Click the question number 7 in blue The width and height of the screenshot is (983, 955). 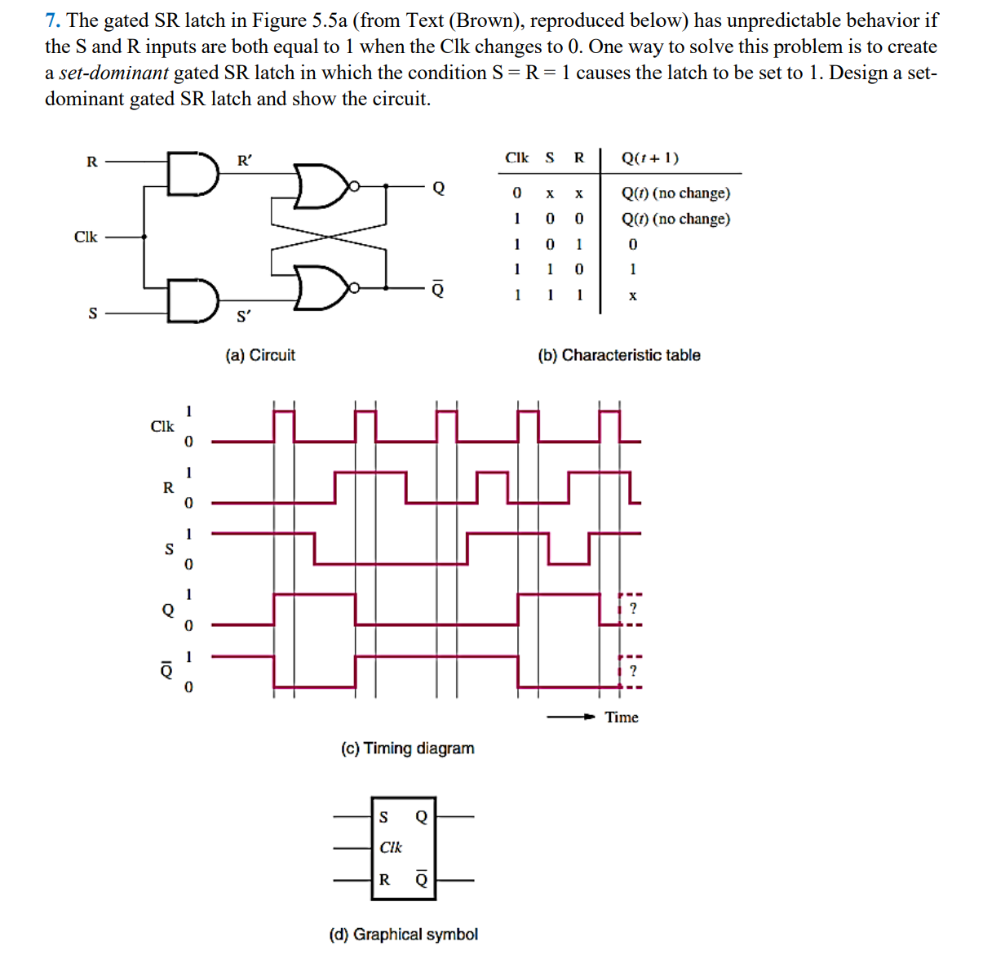coord(52,20)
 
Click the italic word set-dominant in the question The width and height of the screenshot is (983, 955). coord(113,73)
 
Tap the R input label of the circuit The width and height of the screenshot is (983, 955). coord(91,162)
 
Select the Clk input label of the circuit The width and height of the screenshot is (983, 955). coord(86,237)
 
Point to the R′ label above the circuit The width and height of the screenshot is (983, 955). coord(244,161)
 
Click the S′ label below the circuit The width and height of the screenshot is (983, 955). coord(244,316)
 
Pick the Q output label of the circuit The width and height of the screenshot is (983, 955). coord(439,189)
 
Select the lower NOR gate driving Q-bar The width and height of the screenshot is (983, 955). coord(321,287)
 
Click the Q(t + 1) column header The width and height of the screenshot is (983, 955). coord(649,158)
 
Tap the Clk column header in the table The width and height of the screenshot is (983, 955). coord(516,158)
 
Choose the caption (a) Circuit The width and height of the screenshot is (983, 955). coord(260,355)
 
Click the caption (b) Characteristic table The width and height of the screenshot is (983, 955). coord(618,355)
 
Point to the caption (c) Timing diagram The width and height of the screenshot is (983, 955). coord(407,748)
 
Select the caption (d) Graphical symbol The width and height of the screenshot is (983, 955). coord(403,934)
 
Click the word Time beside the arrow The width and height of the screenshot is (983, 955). coord(622,717)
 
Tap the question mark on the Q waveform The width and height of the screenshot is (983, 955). coord(633,609)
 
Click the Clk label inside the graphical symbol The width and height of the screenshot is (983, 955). coord(391,847)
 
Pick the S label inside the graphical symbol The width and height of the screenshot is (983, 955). coord(383,817)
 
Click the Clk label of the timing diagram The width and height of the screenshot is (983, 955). coord(162,426)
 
